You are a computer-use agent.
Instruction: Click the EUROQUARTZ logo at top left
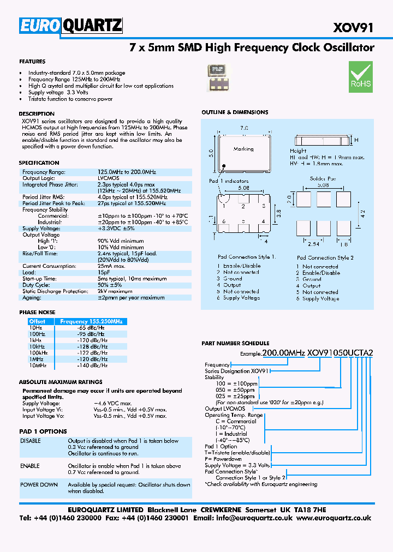tap(70, 26)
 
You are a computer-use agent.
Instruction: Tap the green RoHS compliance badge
tap(360, 76)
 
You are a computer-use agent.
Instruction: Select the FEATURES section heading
tap(32, 62)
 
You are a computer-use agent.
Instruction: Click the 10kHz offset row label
tap(37, 346)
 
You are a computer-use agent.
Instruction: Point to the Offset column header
tap(37, 322)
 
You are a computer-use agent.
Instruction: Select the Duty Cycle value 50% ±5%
tap(110, 285)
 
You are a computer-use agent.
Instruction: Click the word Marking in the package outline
tap(243, 149)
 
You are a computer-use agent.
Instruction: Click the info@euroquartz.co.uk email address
tap(247, 518)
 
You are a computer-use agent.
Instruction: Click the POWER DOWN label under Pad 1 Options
tap(39, 484)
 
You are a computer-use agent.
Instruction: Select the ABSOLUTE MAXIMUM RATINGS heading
tap(60, 382)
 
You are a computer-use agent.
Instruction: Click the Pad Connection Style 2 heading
tap(325, 257)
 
